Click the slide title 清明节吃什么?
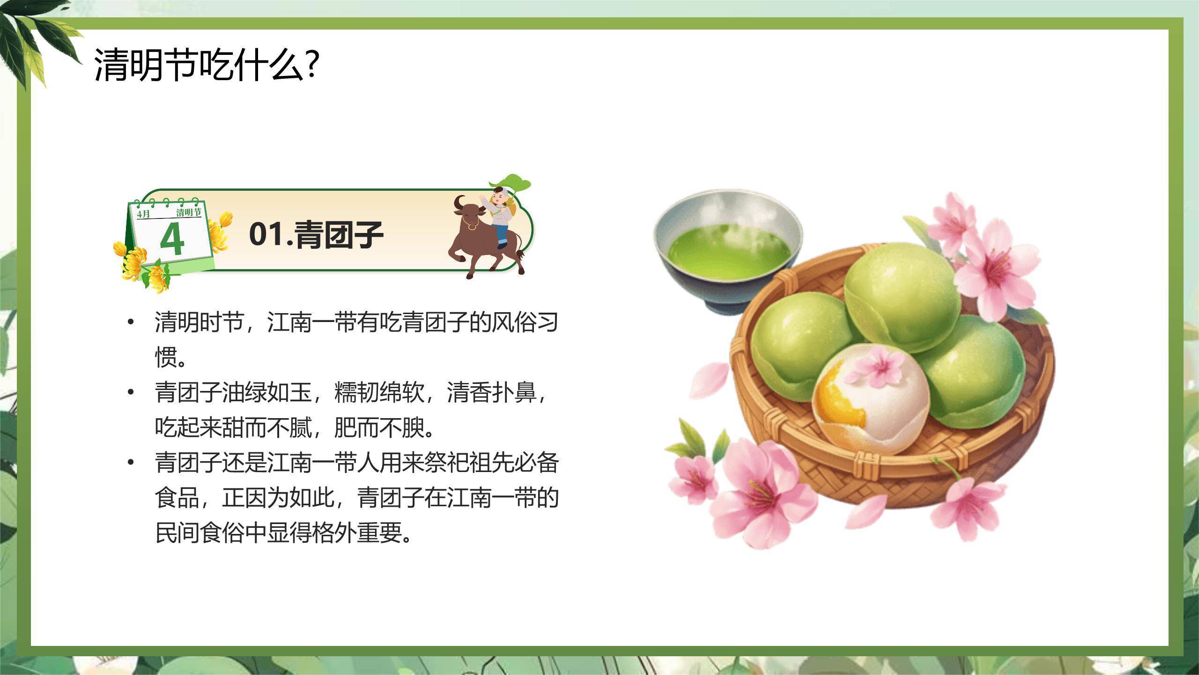click(x=207, y=65)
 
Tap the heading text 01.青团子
click(x=316, y=234)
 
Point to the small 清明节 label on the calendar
click(x=189, y=212)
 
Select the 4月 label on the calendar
click(x=144, y=214)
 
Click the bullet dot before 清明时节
click(x=131, y=322)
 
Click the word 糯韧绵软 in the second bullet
click(x=379, y=393)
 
